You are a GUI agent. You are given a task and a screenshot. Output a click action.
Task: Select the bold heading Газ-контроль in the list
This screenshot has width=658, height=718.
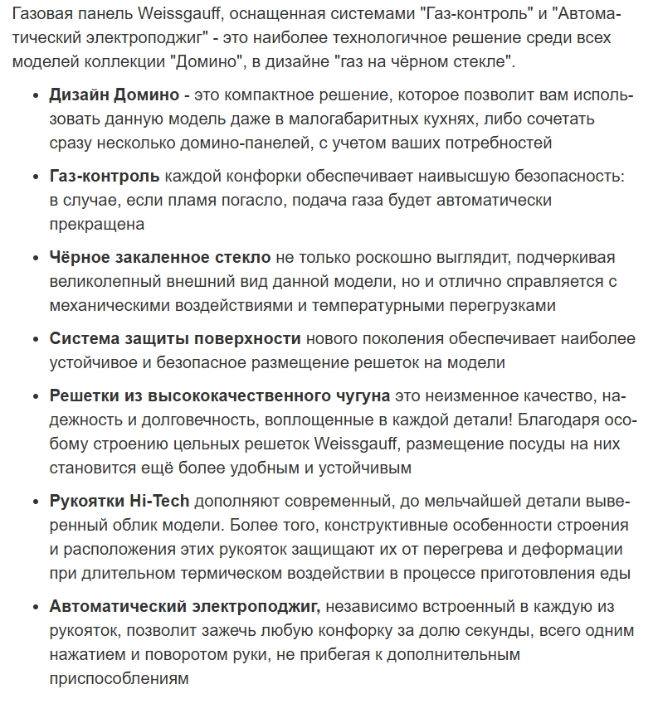[x=105, y=177]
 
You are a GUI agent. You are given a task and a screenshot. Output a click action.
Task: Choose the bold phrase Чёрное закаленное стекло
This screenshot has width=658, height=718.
[x=160, y=258]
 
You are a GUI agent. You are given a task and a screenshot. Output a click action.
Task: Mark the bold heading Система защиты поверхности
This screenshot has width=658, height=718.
[x=175, y=338]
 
